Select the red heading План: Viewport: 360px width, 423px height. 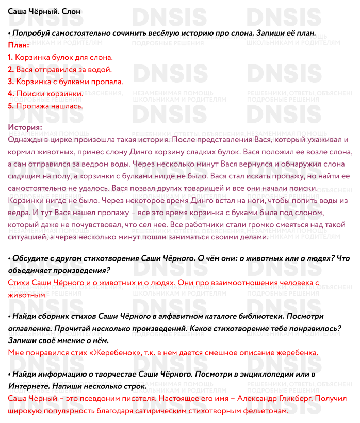[19, 45]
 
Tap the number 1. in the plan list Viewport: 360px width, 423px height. [10, 57]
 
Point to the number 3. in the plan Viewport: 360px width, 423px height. [10, 82]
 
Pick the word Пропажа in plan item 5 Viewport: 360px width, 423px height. [32, 106]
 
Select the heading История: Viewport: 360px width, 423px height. [25, 127]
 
